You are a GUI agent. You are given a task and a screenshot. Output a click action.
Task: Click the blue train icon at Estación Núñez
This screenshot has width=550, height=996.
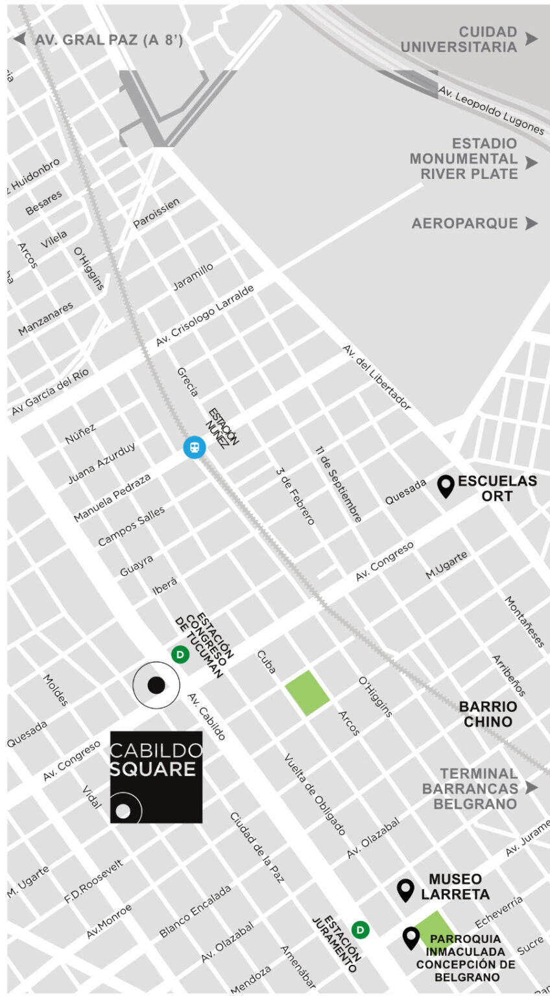pyautogui.click(x=194, y=447)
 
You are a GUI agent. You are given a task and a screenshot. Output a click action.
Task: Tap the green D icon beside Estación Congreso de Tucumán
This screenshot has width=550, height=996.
pyautogui.click(x=180, y=655)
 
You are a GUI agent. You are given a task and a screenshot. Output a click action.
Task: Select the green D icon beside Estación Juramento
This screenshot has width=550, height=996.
pyautogui.click(x=361, y=930)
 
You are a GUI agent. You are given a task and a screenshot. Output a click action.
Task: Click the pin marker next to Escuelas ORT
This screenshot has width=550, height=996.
pyautogui.click(x=446, y=486)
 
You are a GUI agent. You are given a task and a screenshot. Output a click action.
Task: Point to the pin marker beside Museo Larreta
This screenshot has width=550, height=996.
pyautogui.click(x=405, y=890)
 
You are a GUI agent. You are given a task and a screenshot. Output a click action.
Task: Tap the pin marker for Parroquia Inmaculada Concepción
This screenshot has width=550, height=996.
pyautogui.click(x=411, y=938)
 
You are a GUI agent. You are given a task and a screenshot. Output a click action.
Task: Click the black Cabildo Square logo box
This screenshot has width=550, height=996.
pyautogui.click(x=156, y=777)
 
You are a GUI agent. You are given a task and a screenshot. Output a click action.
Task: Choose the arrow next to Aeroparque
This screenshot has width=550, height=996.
pyautogui.click(x=531, y=224)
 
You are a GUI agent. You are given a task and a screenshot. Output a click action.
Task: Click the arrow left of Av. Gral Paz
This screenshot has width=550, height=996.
pyautogui.click(x=20, y=39)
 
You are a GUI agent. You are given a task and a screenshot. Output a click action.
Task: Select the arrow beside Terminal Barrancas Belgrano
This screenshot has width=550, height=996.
pyautogui.click(x=532, y=788)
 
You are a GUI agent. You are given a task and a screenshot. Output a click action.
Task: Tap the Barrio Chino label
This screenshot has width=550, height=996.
pyautogui.click(x=488, y=714)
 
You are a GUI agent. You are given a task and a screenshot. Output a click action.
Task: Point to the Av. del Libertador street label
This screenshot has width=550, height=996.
pyautogui.click(x=377, y=377)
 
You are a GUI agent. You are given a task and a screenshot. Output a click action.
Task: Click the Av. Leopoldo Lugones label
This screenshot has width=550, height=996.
pyautogui.click(x=491, y=111)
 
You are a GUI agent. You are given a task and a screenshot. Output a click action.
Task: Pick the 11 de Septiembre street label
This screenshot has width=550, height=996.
pyautogui.click(x=339, y=484)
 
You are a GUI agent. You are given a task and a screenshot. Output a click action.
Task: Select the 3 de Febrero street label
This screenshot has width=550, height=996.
pyautogui.click(x=295, y=496)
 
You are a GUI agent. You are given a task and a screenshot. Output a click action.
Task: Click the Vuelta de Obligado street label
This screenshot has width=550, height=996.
pyautogui.click(x=315, y=794)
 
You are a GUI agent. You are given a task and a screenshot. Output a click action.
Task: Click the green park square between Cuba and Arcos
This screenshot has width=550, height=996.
pyautogui.click(x=307, y=693)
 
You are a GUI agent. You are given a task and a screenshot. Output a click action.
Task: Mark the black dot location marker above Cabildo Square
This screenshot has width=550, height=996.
pyautogui.click(x=156, y=685)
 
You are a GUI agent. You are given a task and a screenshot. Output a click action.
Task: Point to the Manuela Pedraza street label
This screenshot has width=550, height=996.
pyautogui.click(x=112, y=497)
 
